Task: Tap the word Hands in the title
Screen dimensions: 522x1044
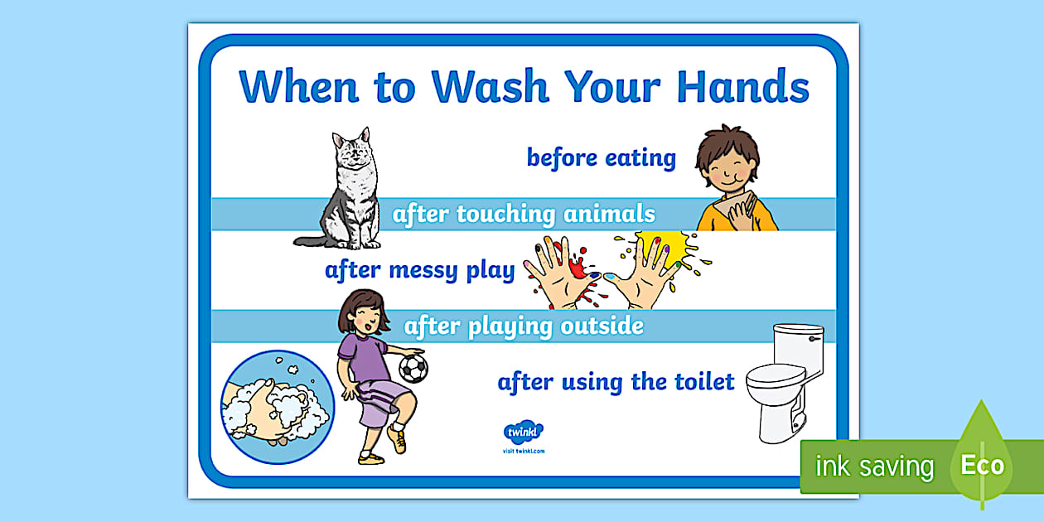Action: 742,86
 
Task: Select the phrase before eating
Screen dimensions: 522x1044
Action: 602,157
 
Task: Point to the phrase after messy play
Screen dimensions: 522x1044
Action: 419,270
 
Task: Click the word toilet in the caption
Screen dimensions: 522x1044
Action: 695,382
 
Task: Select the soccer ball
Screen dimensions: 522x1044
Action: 413,368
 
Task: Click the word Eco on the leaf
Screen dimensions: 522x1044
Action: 983,465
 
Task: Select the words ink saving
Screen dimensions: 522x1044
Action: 874,466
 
